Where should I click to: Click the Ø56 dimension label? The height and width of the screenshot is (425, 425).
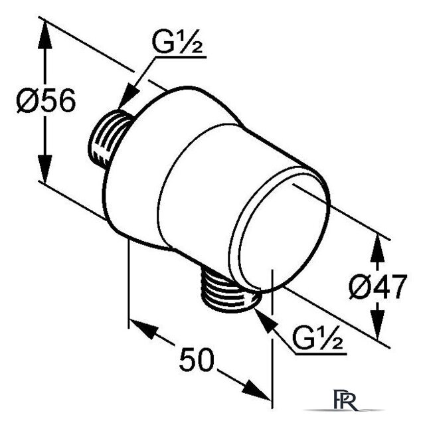click(46, 100)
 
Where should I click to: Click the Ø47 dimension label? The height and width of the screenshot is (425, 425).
click(378, 287)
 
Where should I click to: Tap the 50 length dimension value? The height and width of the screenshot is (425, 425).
click(197, 359)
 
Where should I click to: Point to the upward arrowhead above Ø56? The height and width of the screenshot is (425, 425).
click(44, 35)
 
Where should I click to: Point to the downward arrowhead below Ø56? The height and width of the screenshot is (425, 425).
click(44, 169)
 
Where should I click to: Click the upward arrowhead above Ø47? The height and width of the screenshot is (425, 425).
click(377, 249)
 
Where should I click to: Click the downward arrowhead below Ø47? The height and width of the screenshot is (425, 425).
click(377, 324)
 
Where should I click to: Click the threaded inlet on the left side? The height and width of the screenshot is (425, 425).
click(108, 139)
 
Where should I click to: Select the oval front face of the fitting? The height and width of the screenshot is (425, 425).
click(279, 230)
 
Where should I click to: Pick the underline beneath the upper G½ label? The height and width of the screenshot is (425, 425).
click(180, 57)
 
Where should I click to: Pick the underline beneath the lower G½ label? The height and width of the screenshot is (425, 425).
click(321, 354)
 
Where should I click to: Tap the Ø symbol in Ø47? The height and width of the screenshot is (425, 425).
click(359, 287)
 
